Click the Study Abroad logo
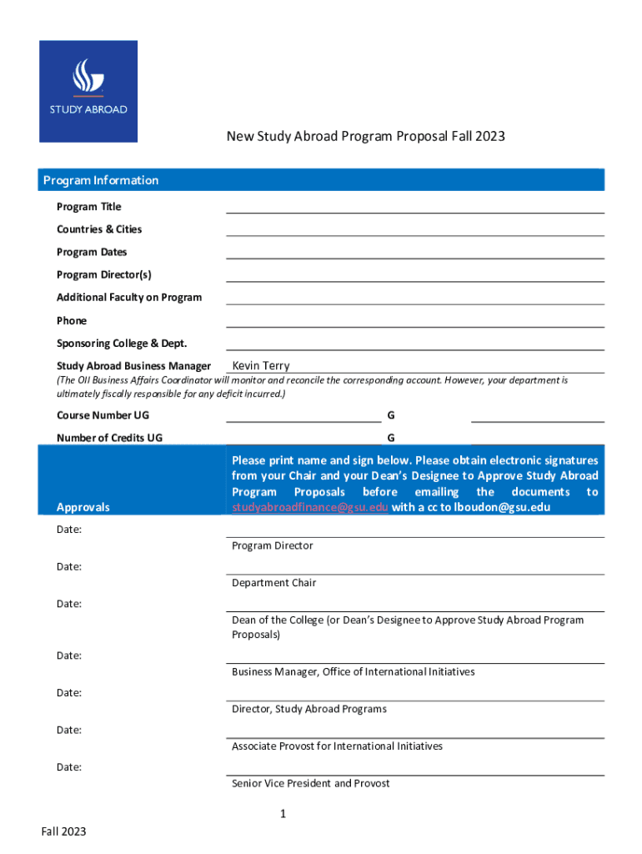(x=88, y=91)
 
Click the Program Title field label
(x=88, y=207)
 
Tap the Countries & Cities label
(x=99, y=229)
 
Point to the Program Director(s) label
(x=104, y=274)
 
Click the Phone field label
(x=72, y=320)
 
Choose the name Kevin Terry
(x=261, y=365)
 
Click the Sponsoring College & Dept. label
(x=122, y=344)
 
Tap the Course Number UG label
(x=103, y=414)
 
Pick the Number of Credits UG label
(x=109, y=437)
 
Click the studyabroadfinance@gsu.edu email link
(x=309, y=507)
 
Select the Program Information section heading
(x=101, y=180)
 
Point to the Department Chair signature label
(x=273, y=583)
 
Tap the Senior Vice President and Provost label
(x=310, y=783)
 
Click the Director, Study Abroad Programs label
(x=309, y=709)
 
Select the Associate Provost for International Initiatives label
(x=337, y=746)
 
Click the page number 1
(x=283, y=814)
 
